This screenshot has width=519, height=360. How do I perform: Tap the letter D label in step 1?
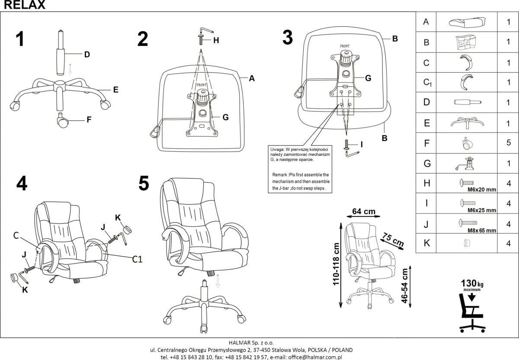pyautogui.click(x=86, y=54)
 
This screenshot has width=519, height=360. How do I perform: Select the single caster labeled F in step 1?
pyautogui.click(x=62, y=121)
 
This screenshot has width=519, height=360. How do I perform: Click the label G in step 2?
pyautogui.click(x=225, y=117)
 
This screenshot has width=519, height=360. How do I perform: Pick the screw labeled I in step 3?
pyautogui.click(x=347, y=145)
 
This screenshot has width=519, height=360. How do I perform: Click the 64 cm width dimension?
pyautogui.click(x=363, y=212)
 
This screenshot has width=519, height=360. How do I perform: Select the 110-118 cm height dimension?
pyautogui.click(x=336, y=264)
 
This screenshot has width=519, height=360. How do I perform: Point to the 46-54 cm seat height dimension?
pyautogui.click(x=405, y=286)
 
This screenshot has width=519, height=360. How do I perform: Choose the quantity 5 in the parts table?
pyautogui.click(x=509, y=142)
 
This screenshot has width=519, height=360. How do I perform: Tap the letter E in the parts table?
pyautogui.click(x=426, y=123)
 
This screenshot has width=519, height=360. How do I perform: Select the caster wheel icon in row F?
pyautogui.click(x=467, y=143)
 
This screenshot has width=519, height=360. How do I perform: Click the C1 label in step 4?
pyautogui.click(x=137, y=259)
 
